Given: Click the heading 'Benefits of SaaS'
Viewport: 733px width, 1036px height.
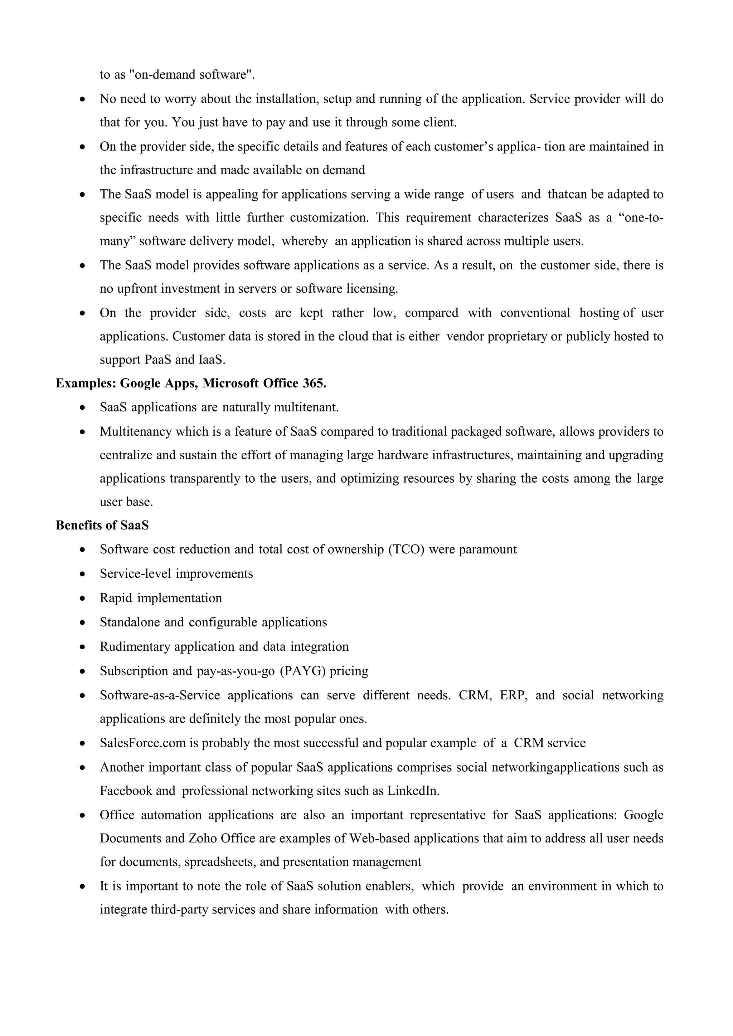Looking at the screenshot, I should (102, 525).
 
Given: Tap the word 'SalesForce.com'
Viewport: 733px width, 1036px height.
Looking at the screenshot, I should (143, 743).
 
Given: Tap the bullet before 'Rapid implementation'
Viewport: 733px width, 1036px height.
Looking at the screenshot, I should (82, 599).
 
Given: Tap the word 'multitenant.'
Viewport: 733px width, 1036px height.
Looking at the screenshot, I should (306, 407).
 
